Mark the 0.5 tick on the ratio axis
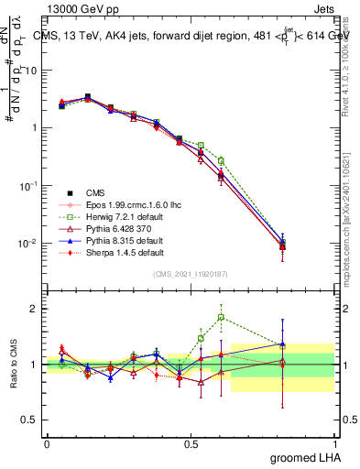pyautogui.click(x=28, y=420)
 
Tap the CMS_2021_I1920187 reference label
pyautogui.click(x=191, y=275)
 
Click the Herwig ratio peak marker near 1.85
pyautogui.click(x=221, y=318)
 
